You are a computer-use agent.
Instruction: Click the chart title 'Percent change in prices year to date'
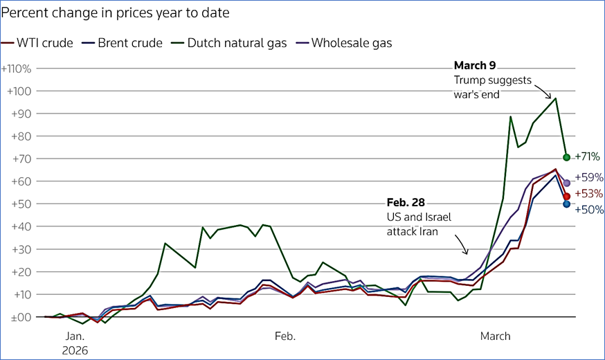(x=115, y=13)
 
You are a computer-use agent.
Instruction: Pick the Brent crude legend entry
(x=123, y=43)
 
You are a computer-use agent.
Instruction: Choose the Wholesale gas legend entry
(x=343, y=43)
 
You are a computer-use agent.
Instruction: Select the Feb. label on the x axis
(x=285, y=337)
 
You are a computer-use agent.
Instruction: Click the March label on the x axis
(x=495, y=337)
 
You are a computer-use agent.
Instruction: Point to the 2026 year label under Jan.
(x=75, y=350)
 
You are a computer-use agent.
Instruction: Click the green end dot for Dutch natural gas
(x=567, y=157)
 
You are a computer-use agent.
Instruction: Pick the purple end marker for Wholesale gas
(x=567, y=183)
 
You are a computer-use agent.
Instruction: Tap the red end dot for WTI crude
(x=567, y=197)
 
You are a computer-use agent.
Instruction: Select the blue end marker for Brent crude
(x=567, y=204)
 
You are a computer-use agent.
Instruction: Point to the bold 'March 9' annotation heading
(x=475, y=66)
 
